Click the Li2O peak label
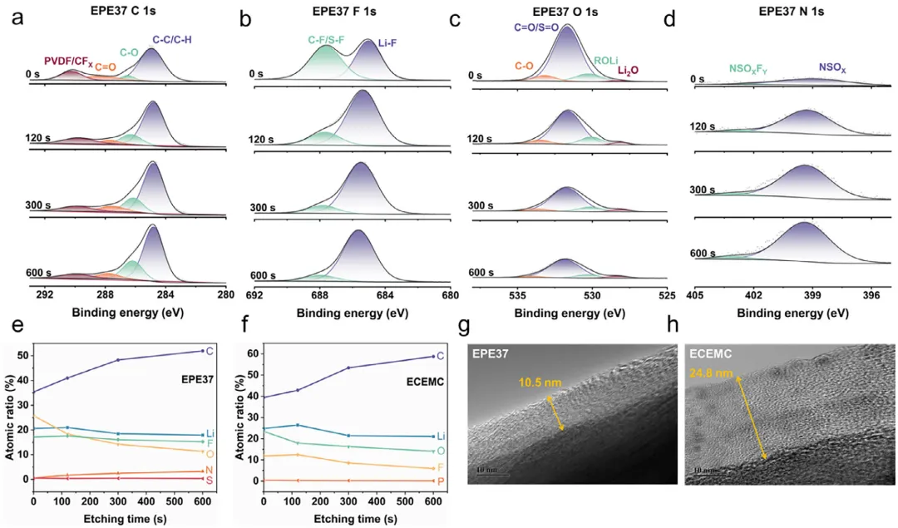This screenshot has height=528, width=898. (x=628, y=72)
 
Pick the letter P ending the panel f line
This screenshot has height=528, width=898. (x=439, y=481)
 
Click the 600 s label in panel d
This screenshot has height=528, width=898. (x=703, y=254)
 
